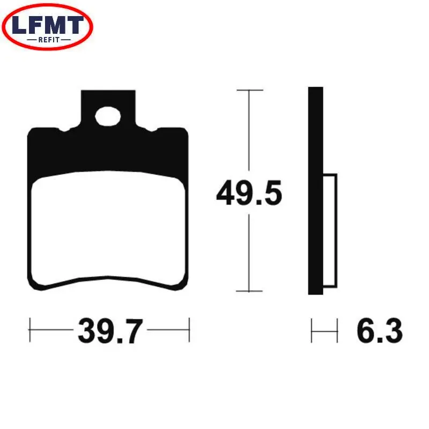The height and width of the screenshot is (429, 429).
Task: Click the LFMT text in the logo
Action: click(48, 25)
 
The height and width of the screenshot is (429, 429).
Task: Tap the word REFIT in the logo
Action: click(49, 40)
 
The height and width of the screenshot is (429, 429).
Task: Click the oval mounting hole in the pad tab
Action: click(108, 116)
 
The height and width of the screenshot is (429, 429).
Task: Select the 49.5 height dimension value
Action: click(249, 193)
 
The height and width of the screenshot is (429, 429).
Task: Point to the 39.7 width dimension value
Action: click(110, 331)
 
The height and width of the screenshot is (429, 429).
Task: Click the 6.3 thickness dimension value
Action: click(380, 330)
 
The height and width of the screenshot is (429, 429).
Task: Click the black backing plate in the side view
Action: click(315, 191)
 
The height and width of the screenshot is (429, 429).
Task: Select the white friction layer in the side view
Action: click(330, 231)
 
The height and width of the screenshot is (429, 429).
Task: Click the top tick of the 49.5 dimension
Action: click(250, 90)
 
